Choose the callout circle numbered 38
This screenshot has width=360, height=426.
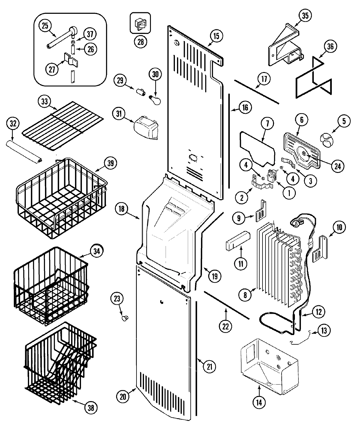(x=91, y=408)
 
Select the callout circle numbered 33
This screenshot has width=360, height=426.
(x=45, y=101)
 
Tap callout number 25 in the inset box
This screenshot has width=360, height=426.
(x=45, y=26)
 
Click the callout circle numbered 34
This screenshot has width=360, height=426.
(x=96, y=250)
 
